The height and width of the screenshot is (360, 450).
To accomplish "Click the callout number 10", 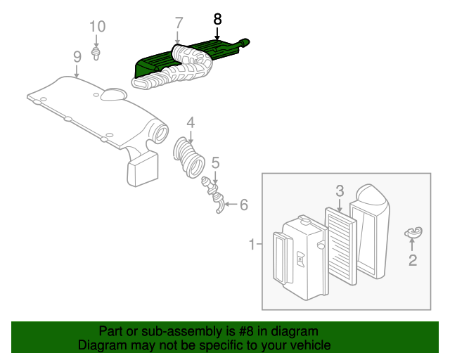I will tap(97, 27).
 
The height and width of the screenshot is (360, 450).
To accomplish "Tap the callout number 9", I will tap(77, 56).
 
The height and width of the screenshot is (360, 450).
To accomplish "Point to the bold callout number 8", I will tap(217, 18).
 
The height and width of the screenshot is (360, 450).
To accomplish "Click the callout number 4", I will tap(190, 121).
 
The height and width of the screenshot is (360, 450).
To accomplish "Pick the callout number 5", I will tap(216, 162).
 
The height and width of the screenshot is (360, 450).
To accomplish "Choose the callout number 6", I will tap(243, 205).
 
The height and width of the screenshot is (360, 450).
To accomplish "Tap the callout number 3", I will tap(339, 190).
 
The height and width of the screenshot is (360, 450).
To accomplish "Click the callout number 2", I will tap(413, 261).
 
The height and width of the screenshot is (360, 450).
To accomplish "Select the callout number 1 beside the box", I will tap(251, 245).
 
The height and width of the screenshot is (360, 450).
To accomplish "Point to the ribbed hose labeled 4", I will tap(188, 156).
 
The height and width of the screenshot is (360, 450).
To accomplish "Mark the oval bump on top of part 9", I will tap(111, 95).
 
